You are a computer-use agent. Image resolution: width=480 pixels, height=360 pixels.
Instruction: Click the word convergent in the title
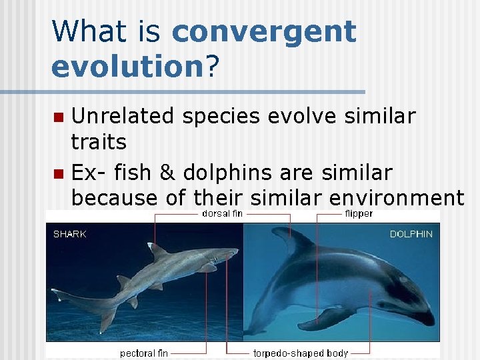pyautogui.click(x=264, y=32)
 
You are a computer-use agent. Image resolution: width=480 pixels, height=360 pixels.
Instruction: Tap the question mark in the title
pyautogui.click(x=213, y=66)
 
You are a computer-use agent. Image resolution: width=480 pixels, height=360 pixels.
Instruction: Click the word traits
pyautogui.click(x=99, y=141)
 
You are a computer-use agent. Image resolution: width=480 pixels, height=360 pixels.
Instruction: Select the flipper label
pyautogui.click(x=359, y=214)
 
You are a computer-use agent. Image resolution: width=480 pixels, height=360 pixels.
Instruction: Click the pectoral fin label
pyautogui.click(x=143, y=353)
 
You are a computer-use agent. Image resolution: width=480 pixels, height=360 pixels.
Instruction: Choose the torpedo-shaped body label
pyautogui.click(x=301, y=353)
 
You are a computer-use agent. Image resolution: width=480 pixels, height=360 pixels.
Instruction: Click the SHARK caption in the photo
pyautogui.click(x=69, y=234)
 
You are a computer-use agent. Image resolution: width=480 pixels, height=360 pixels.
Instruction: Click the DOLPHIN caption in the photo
pyautogui.click(x=411, y=234)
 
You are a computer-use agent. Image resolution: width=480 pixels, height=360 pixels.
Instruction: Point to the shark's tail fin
pyautogui.click(x=100, y=313)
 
